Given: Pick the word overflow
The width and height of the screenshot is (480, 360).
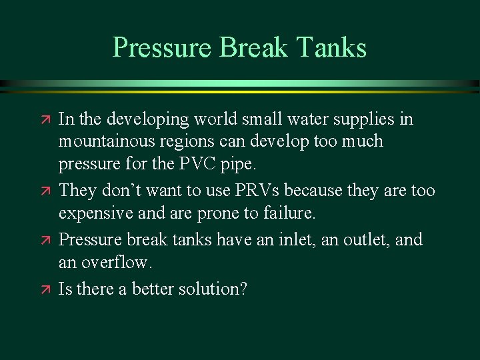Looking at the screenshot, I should tap(119, 263).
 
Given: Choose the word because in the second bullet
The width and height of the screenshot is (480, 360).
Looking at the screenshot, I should tap(337, 191).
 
